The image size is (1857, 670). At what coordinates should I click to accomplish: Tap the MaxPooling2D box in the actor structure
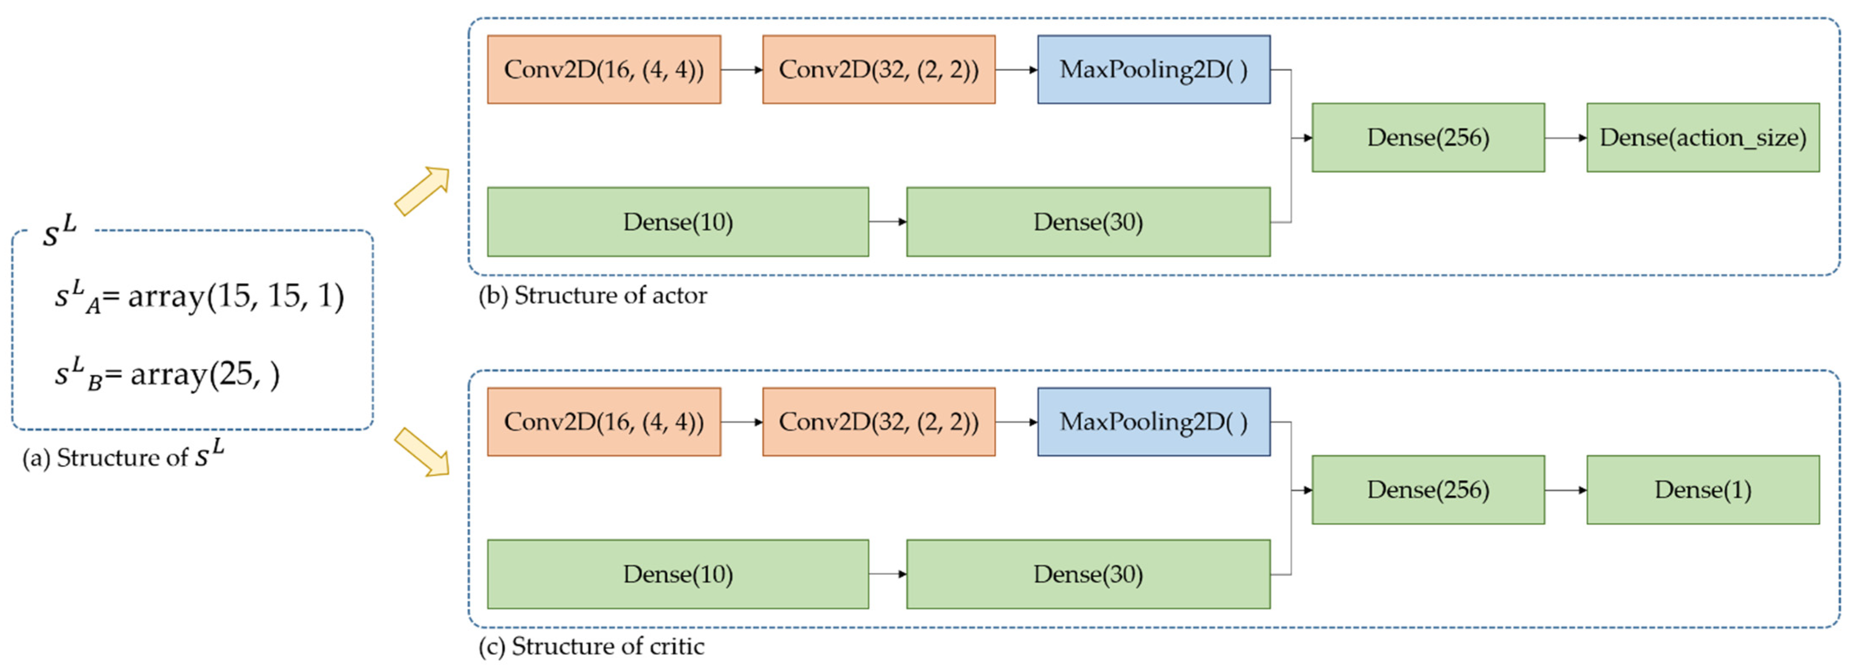coord(1153,69)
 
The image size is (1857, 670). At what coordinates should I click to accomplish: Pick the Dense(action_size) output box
coord(1703,138)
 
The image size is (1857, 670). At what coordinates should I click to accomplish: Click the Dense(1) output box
coord(1703,490)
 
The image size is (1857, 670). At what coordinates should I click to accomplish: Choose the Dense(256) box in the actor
coord(1428,138)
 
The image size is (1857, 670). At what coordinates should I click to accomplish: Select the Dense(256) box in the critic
coord(1428,490)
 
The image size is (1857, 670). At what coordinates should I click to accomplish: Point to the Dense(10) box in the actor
coord(678,222)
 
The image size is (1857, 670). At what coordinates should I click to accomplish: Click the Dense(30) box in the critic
coord(1088,574)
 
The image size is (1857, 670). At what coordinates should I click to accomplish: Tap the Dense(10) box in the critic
coord(678,574)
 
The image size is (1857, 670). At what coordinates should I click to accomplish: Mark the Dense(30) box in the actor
coord(1088,222)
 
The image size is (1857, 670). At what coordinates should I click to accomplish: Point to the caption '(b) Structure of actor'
coord(593,295)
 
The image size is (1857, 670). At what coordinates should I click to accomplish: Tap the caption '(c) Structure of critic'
coord(591,646)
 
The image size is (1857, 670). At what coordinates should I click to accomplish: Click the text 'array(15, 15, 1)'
coord(236,296)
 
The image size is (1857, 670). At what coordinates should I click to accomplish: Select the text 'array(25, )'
coord(205,374)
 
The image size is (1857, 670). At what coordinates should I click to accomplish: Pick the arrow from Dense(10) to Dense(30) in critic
coord(887,574)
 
